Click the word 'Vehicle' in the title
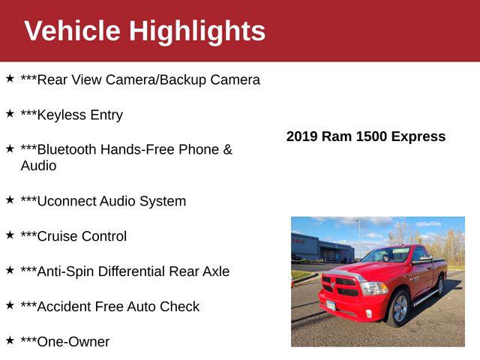(72, 31)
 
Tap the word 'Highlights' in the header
(197, 31)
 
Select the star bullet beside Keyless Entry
(10, 113)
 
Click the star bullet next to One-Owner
(10, 340)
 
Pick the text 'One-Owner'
(73, 342)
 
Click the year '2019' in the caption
(302, 136)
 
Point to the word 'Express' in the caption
(418, 136)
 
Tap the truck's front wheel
(399, 309)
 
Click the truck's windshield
(385, 256)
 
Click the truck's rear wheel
(440, 285)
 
